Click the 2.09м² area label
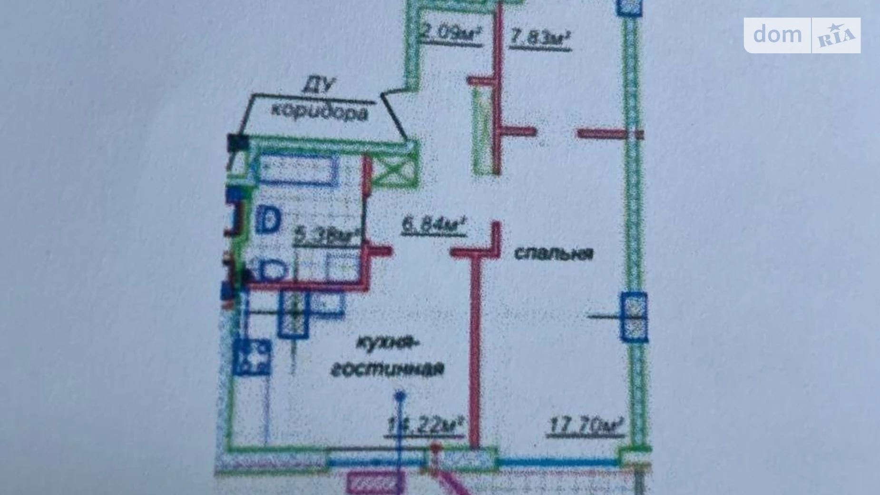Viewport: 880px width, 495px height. (451, 34)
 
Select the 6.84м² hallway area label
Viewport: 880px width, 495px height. (433, 225)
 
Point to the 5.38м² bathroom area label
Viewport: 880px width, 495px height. (326, 235)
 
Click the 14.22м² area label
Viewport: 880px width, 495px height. (425, 425)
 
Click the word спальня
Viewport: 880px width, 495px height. (554, 253)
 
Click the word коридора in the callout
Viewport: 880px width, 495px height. (320, 112)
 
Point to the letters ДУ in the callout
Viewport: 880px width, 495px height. (318, 86)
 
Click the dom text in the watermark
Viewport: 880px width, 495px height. (777, 35)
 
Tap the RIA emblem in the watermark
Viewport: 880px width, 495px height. (836, 36)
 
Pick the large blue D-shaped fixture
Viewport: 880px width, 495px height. (269, 220)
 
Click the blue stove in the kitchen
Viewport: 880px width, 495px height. (252, 356)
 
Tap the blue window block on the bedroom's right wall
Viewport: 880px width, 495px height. (634, 317)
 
